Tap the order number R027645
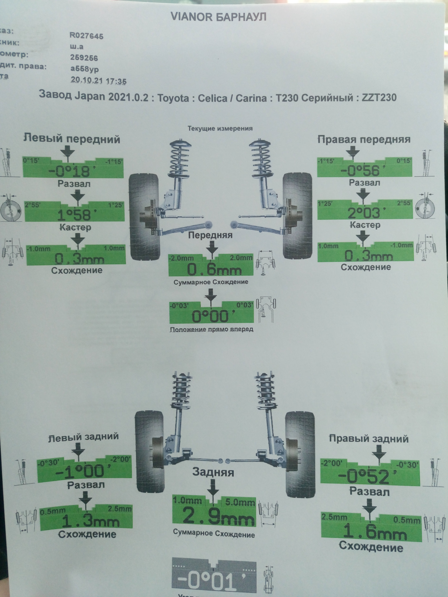click(x=86, y=35)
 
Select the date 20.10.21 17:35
click(x=99, y=81)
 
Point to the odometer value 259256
click(x=84, y=58)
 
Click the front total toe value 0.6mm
click(x=214, y=269)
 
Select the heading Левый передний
click(x=72, y=139)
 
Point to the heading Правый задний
click(x=369, y=439)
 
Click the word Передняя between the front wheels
click(x=210, y=235)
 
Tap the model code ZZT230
click(x=379, y=98)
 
